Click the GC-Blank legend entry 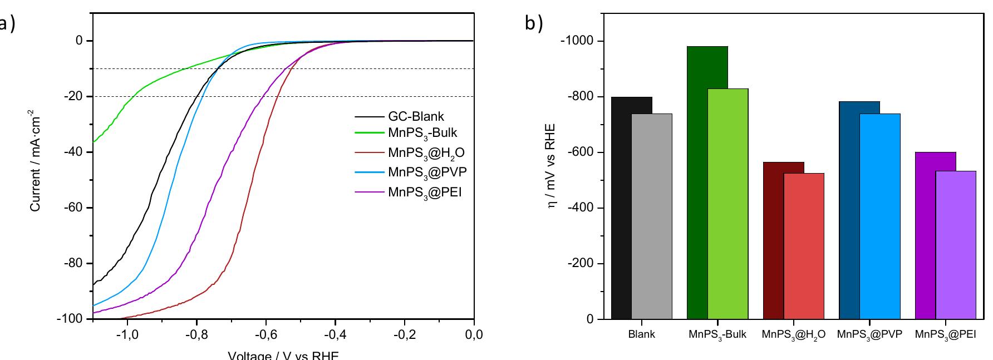click(416, 117)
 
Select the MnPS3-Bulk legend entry click(422, 133)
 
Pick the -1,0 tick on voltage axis click(127, 334)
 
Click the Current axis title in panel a click(35, 162)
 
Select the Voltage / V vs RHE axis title click(283, 355)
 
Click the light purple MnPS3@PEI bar click(956, 245)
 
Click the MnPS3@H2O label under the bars click(793, 335)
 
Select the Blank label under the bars click(641, 335)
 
